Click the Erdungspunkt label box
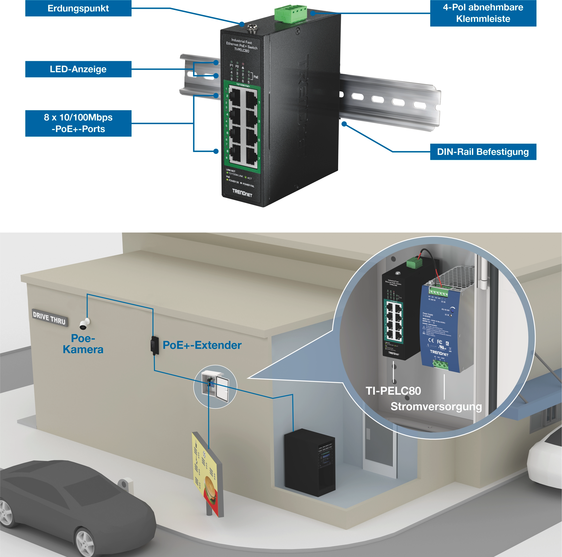78,8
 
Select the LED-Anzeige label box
78,69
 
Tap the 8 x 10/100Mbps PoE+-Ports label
78,123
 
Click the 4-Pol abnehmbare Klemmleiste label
483,13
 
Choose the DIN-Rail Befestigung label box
483,152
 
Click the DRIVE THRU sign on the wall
49,318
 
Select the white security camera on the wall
85,324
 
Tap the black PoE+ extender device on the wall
154,345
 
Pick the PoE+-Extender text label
202,345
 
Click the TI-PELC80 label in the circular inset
393,391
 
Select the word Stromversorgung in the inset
436,406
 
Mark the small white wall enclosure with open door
215,386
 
